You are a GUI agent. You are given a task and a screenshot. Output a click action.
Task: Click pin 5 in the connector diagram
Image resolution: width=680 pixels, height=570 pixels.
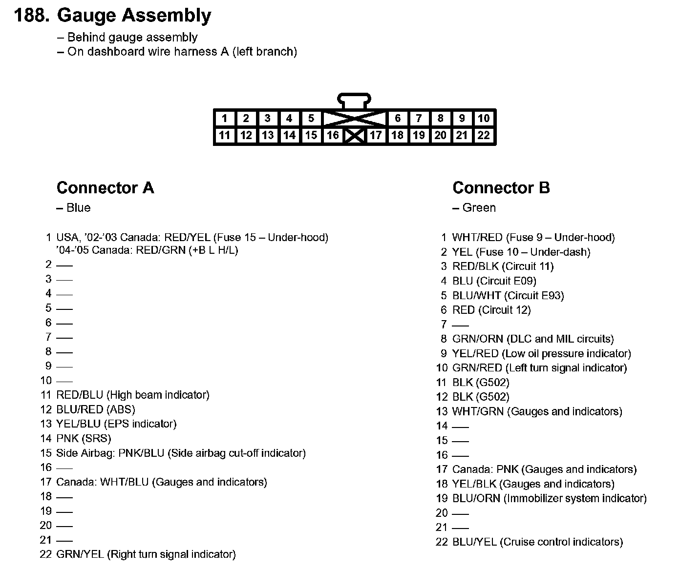click(311, 119)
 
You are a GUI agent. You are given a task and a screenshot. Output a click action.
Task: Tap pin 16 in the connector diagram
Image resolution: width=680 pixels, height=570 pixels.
click(333, 135)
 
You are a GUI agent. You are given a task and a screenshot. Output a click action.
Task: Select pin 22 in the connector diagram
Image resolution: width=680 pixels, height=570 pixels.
click(483, 135)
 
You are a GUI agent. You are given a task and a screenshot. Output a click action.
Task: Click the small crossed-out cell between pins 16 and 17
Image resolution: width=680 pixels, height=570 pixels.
click(354, 135)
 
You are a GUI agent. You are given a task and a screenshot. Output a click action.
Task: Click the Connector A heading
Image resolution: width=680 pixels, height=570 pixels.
click(105, 188)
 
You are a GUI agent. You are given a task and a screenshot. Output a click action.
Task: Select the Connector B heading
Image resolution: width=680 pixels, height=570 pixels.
click(501, 188)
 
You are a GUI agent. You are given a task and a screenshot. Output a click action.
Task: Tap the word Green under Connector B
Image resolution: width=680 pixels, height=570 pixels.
click(479, 208)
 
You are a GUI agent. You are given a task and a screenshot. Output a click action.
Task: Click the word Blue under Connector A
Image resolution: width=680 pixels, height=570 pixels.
click(78, 208)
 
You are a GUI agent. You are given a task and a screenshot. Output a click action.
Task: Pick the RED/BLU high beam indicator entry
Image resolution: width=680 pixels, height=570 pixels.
click(133, 395)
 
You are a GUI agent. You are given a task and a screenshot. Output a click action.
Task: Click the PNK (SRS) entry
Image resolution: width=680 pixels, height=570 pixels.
click(84, 438)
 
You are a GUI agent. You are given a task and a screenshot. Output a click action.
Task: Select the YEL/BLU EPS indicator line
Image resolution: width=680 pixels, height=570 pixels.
click(116, 424)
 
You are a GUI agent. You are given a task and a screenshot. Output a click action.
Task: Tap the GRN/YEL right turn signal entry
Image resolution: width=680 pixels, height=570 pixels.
click(146, 554)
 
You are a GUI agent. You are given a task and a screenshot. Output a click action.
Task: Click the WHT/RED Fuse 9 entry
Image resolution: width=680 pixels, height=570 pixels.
click(533, 238)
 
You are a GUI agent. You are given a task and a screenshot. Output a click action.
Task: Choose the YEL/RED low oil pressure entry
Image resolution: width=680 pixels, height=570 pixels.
click(541, 353)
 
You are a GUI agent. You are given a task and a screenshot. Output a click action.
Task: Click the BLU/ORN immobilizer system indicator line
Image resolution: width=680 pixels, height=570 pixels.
click(549, 498)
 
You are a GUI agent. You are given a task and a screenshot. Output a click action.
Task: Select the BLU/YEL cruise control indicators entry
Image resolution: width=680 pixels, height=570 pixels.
click(537, 542)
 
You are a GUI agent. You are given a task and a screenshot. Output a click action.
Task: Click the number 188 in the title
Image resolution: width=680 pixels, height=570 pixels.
click(31, 16)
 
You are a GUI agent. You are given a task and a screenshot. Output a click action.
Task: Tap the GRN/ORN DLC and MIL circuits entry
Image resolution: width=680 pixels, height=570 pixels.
click(532, 339)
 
